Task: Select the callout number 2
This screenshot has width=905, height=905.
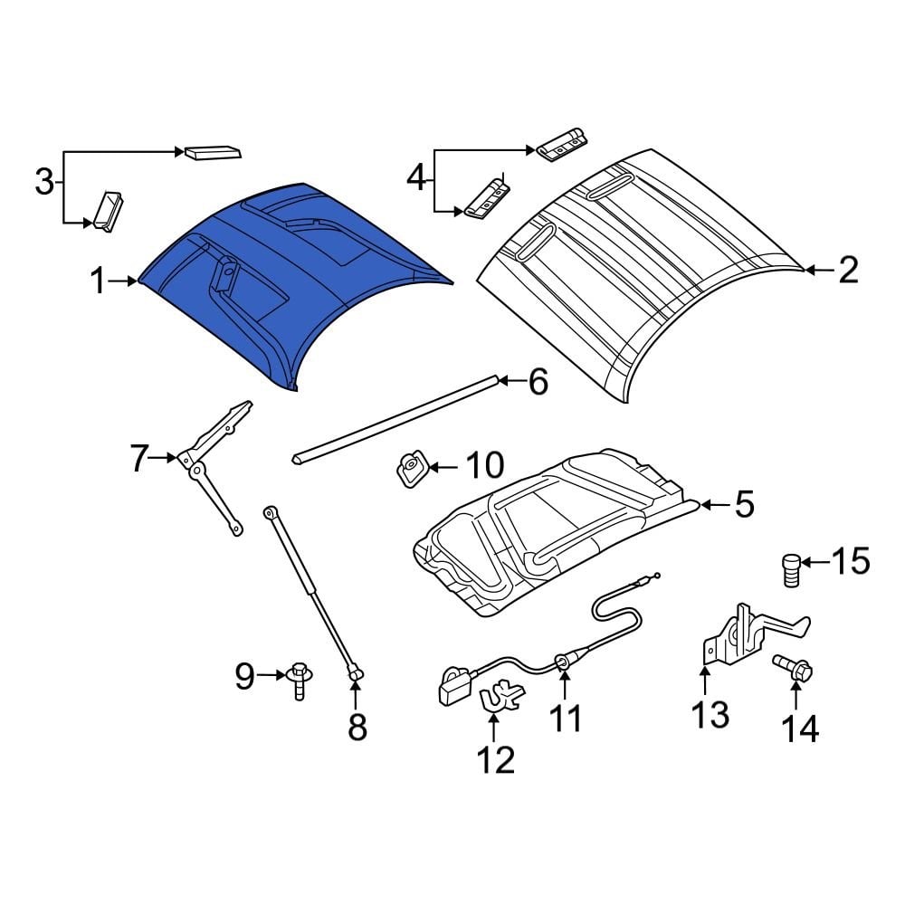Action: [x=847, y=270]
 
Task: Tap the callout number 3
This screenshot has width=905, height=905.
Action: [x=43, y=183]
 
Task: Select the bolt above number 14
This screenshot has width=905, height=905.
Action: [x=794, y=671]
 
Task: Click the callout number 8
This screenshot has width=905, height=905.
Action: [x=357, y=726]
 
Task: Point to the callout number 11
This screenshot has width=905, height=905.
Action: [x=567, y=719]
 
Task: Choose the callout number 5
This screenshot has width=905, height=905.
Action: [x=743, y=504]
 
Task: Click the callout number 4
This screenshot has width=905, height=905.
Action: [x=415, y=178]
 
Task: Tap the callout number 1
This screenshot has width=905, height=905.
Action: [x=97, y=282]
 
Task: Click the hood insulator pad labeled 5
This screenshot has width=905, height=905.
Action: [x=552, y=534]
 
